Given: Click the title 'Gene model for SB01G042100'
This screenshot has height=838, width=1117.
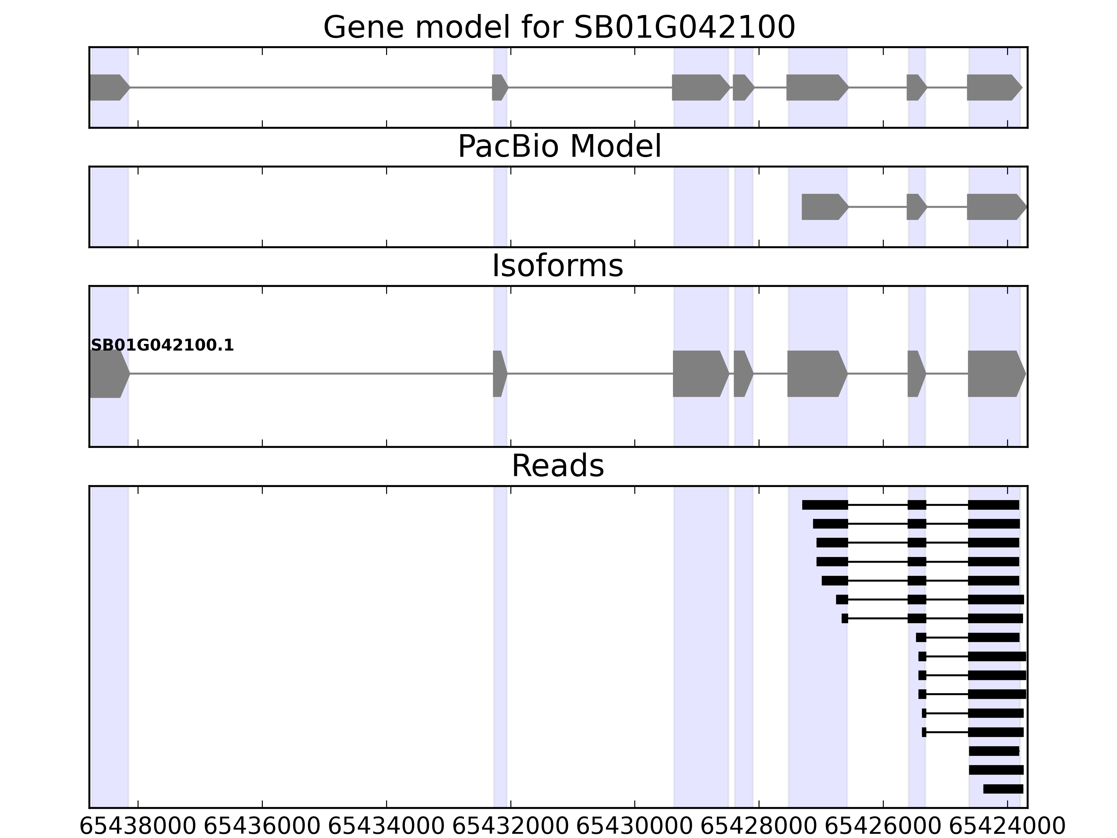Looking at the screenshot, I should (x=559, y=27).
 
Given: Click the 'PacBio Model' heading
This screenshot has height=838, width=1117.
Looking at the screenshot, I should (x=559, y=147).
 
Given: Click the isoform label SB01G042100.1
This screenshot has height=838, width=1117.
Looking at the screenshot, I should (x=162, y=346).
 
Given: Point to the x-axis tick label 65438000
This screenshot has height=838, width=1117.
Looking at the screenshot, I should (x=137, y=827).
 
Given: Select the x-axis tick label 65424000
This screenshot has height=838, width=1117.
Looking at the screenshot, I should (x=1007, y=827).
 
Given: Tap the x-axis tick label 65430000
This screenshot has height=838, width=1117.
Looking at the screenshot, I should (x=634, y=827).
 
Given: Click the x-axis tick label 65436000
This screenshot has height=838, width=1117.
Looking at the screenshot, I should (x=262, y=827).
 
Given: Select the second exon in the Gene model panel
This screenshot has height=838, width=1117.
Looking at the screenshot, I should (x=499, y=87).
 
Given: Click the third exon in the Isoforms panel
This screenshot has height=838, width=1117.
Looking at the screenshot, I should (x=700, y=374).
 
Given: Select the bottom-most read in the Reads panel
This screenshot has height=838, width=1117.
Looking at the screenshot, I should (x=1003, y=789).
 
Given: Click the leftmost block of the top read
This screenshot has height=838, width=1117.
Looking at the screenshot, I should (x=824, y=505).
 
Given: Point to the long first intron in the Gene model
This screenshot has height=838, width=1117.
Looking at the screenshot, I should (x=311, y=87).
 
